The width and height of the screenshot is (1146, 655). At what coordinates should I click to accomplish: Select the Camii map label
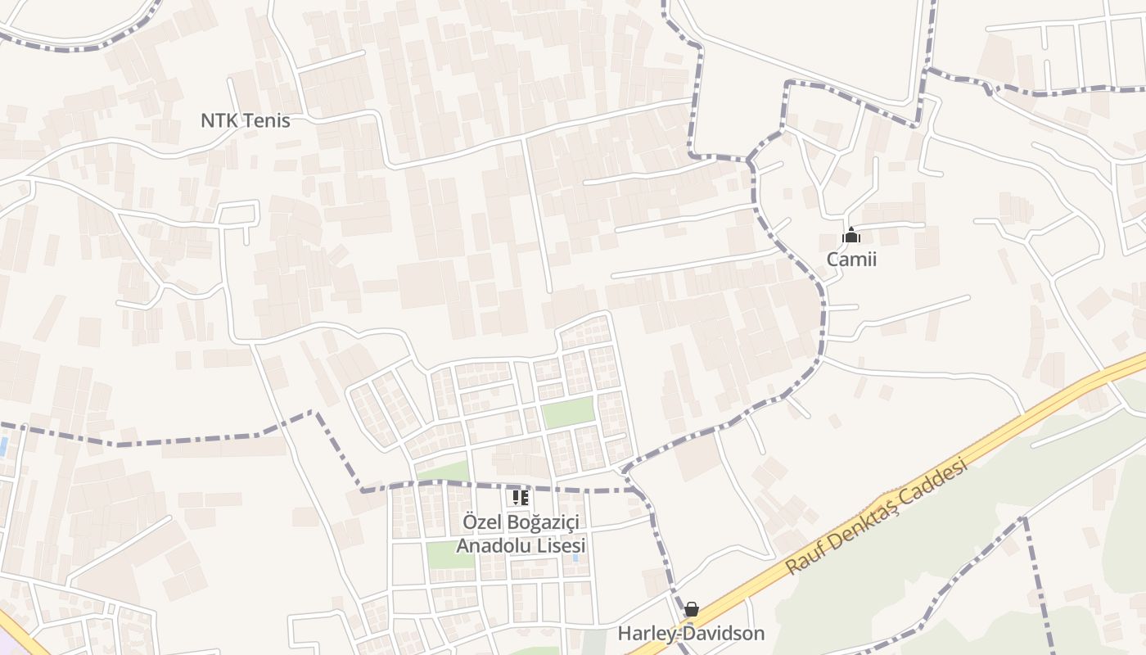tap(851, 260)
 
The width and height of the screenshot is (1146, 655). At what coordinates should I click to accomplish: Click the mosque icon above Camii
tap(851, 236)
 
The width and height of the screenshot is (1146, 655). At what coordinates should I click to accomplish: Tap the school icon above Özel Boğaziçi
tap(521, 497)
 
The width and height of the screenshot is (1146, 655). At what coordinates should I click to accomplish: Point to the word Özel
tap(481, 522)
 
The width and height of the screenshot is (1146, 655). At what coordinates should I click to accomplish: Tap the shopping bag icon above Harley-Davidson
tap(692, 609)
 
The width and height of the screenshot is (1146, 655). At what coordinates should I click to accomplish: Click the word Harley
tap(646, 634)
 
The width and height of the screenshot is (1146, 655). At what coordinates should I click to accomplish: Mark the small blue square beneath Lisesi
tap(575, 558)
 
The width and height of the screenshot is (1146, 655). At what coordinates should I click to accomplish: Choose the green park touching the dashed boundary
tap(442, 472)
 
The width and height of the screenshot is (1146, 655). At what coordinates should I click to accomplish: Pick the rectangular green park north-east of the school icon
tap(568, 412)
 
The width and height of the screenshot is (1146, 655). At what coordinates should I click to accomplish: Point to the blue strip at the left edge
tap(4, 446)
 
